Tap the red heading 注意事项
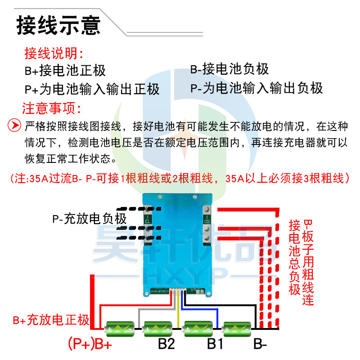[51, 108]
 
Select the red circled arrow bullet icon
[15, 125]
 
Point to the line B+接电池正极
[65, 70]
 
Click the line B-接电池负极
[229, 69]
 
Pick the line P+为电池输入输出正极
[92, 89]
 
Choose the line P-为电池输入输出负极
[256, 88]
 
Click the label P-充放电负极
[90, 220]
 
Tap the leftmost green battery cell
[119, 329]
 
